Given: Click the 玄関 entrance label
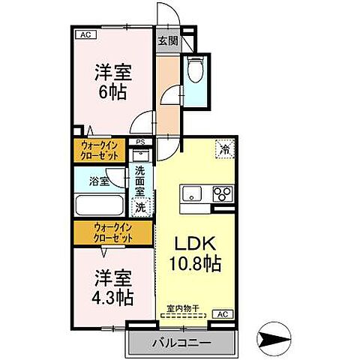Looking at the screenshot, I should (x=168, y=41).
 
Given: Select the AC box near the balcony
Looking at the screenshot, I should (x=222, y=313).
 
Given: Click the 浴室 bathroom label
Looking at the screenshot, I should (x=98, y=181).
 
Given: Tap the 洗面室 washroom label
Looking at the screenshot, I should (x=140, y=180).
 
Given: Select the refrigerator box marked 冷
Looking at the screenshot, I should (x=223, y=148).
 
